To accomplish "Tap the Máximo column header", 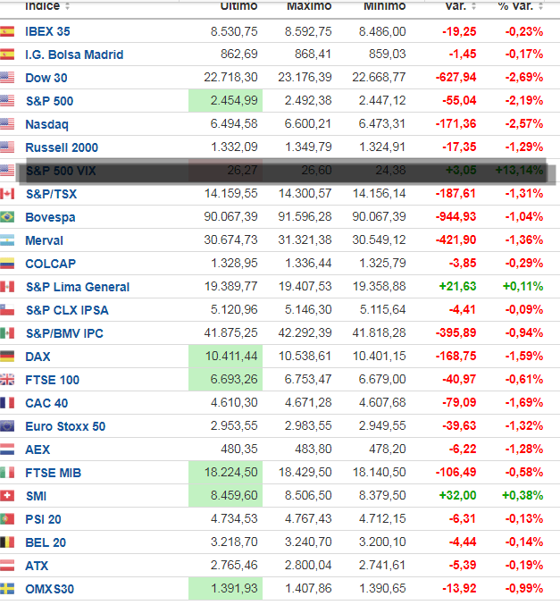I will (x=308, y=6).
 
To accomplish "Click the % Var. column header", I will (x=515, y=6).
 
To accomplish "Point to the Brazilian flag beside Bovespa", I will (x=8, y=217).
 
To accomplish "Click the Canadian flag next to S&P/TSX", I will (x=8, y=194).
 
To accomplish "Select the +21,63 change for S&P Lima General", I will (x=456, y=287).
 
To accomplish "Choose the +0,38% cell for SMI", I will (x=522, y=496).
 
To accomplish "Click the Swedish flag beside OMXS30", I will (x=8, y=589).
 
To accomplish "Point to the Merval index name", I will (x=45, y=240).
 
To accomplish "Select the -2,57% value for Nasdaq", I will (x=522, y=124).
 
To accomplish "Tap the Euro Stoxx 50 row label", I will (x=65, y=426).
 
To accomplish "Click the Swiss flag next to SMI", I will (x=8, y=496).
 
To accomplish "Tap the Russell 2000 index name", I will (x=62, y=147).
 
